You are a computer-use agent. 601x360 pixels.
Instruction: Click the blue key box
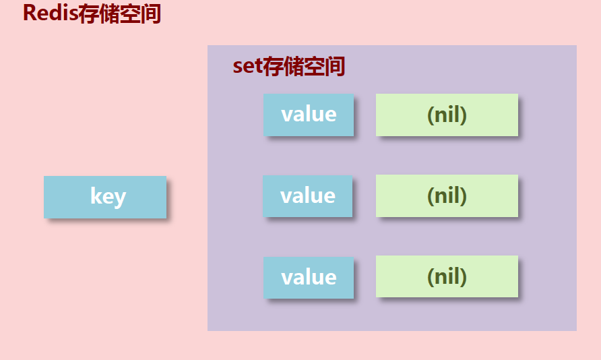(104, 197)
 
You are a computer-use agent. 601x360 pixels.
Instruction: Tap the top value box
(309, 115)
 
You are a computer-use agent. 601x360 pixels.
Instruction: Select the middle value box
(308, 196)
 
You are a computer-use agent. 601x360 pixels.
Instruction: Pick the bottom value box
(309, 277)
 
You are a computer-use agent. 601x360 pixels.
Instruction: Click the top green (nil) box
(447, 115)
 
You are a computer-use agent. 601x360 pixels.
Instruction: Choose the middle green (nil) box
(447, 196)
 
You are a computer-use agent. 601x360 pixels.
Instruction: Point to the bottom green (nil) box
(447, 276)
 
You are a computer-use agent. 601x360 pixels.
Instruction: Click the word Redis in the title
(51, 13)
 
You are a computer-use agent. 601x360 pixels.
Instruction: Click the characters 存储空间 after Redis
(120, 13)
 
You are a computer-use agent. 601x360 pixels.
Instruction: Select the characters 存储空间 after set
(304, 66)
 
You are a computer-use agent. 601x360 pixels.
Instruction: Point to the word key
(108, 197)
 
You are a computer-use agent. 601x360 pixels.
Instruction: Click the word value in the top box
(309, 114)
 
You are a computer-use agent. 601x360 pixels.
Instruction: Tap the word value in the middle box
(308, 196)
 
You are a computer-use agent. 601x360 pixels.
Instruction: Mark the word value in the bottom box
(309, 276)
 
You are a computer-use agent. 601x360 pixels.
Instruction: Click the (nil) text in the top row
(447, 115)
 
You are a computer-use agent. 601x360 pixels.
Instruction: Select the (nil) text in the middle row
(447, 196)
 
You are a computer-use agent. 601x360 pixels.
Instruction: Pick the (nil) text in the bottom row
(447, 276)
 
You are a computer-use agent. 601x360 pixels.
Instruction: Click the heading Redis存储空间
(92, 13)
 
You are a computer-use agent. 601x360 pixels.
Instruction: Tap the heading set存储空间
(289, 66)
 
